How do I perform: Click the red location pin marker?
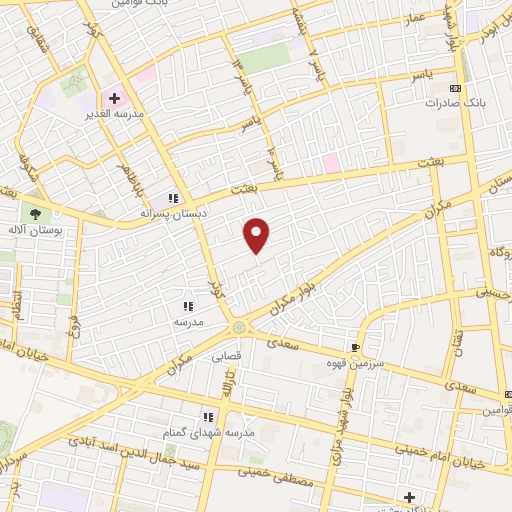coord(257,235)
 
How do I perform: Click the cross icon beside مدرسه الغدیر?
coord(114,98)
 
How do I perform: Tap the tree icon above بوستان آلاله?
coord(37,213)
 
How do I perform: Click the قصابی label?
coord(226,354)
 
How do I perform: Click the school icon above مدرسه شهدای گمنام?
coord(209,417)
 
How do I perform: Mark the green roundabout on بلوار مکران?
coord(239,327)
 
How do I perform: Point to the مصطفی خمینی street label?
coord(305,482)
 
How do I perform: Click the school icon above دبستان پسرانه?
coord(172,198)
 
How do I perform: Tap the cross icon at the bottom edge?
coord(408,496)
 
